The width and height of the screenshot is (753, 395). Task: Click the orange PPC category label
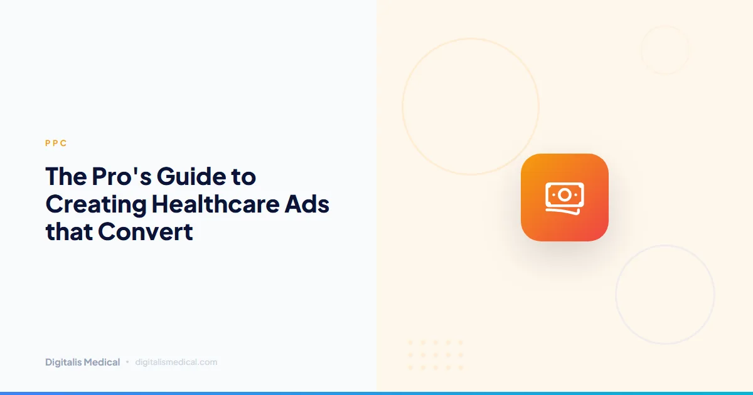(56, 144)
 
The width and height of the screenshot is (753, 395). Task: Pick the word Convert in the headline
(145, 232)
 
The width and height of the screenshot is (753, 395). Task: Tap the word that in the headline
(68, 232)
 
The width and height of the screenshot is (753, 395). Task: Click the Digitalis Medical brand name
(82, 362)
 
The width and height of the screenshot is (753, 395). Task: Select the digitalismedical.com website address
(176, 362)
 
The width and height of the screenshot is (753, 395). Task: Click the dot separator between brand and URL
(127, 362)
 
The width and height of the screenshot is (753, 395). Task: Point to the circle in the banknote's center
(564, 195)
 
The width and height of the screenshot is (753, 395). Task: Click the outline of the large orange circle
(403, 107)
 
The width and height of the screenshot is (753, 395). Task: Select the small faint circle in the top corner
(665, 50)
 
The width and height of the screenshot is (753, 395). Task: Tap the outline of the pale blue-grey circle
(616, 295)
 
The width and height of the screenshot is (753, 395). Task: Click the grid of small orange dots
(435, 355)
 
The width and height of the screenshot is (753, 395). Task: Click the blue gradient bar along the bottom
(376, 392)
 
